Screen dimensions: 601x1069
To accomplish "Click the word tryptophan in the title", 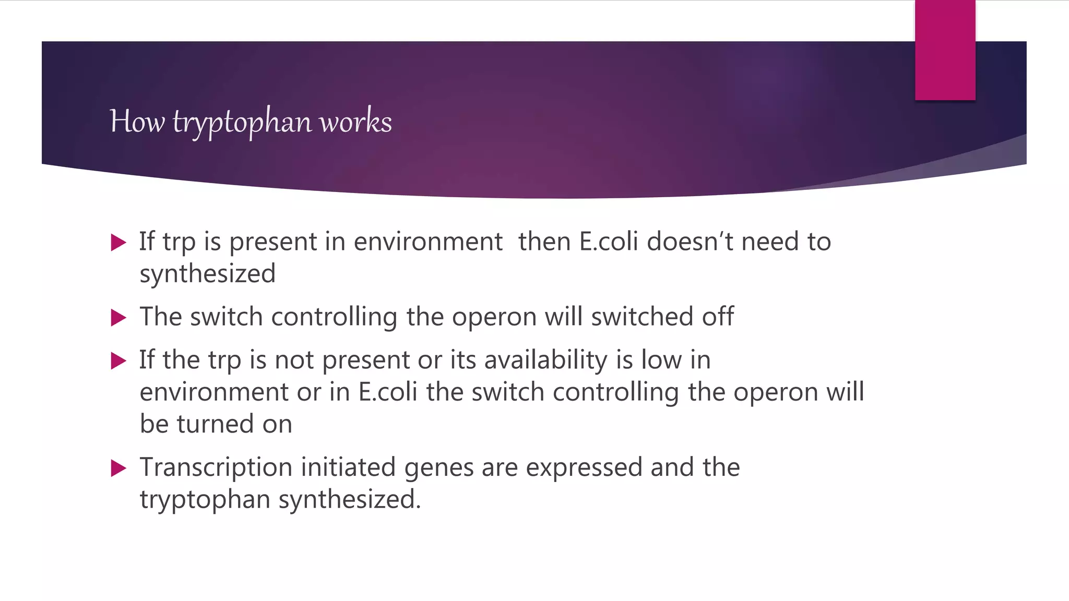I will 242,122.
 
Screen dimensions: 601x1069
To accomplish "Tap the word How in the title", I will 137,122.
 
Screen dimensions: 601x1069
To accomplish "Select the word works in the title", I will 355,122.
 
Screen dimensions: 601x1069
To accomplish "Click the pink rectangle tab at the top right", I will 945,50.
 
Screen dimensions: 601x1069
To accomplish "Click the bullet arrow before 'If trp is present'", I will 119,243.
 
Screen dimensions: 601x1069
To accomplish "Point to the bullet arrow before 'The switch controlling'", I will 119,318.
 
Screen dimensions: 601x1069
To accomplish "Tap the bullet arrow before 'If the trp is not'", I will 119,361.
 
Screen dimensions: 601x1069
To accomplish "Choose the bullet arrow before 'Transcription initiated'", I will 119,468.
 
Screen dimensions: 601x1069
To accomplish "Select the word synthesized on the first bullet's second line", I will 207,274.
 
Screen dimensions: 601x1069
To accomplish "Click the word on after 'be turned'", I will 277,424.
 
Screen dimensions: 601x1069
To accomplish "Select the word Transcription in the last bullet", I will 216,467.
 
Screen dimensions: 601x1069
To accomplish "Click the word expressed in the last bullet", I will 584,467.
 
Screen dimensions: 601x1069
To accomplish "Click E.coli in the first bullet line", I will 609,242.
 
